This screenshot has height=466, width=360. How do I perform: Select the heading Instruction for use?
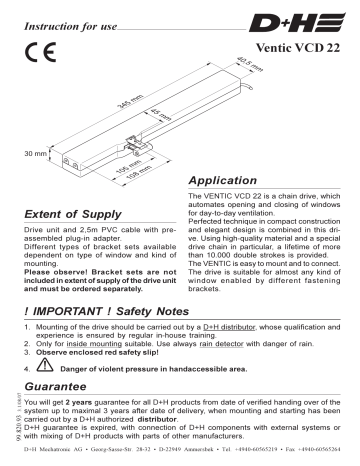[x=59, y=13]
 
